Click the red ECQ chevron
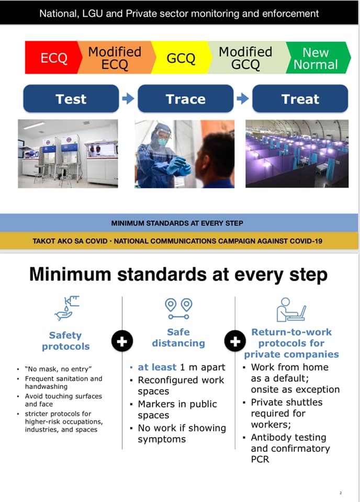coord(51,58)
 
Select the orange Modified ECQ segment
coord(115,58)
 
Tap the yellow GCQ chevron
coord(181,58)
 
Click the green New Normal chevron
coord(317,58)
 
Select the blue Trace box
coord(185,99)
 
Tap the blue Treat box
coord(300,99)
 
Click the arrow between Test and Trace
coord(128,99)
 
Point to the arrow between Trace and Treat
coord(243,99)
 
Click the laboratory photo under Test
coord(68,154)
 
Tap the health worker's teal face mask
coord(163,141)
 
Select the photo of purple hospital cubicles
coord(297,154)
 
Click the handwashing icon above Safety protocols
coord(67,308)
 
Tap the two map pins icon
coord(179,309)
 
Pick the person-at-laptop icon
coord(291,310)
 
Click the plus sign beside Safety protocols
coord(122,341)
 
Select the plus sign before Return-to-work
coord(235,341)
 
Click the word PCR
coord(260,460)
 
